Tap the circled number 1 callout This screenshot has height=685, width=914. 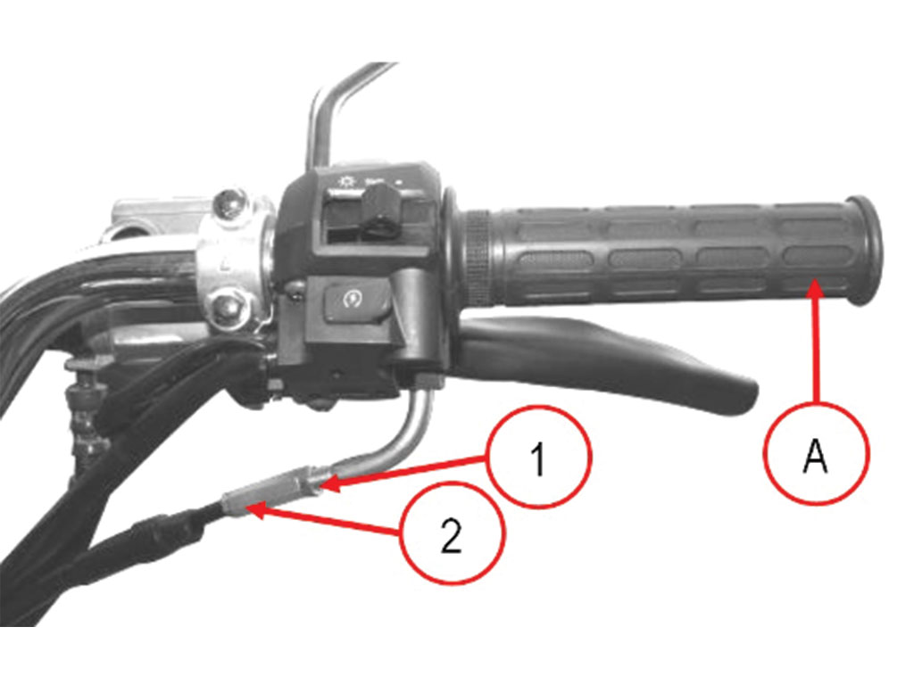click(x=539, y=458)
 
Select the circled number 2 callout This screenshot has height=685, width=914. click(x=452, y=533)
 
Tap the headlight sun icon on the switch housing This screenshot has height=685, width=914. click(x=346, y=181)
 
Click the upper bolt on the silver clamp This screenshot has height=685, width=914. click(x=228, y=204)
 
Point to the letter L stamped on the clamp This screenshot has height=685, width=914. click(x=224, y=266)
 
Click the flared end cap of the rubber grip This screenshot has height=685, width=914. click(x=864, y=251)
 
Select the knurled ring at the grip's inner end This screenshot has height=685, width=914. click(x=478, y=258)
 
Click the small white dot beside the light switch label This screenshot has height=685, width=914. click(x=399, y=182)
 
